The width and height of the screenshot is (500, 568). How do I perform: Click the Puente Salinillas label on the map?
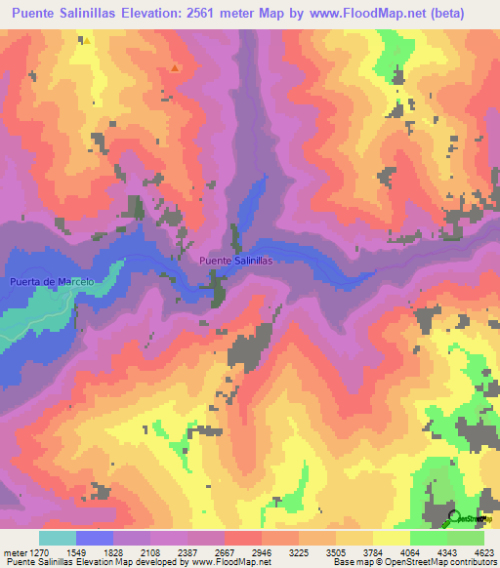234,261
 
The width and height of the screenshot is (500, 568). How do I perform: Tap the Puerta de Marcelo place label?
51,282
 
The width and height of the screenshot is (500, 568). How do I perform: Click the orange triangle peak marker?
174,68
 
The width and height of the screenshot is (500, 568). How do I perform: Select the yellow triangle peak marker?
87,41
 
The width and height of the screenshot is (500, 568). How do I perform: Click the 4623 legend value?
483,551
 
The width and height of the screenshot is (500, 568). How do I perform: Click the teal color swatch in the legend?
58,538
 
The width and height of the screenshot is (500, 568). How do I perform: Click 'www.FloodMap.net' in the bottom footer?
231,562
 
